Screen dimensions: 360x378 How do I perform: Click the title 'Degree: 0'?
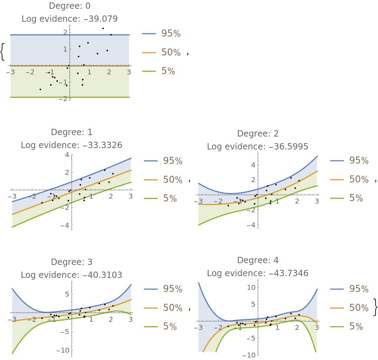point(69,6)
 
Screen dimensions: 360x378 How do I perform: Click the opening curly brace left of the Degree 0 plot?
point(3,52)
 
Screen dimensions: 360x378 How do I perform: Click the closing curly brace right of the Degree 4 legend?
point(375,307)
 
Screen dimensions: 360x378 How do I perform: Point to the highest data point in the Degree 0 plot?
point(103,28)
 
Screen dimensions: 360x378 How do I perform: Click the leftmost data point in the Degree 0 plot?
point(40,89)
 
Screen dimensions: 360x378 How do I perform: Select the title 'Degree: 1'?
point(72,132)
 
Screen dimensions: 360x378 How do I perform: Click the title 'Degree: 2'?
point(258,134)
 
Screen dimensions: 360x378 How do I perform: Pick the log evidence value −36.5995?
point(288,147)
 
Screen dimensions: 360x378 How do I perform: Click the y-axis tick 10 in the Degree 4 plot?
point(251,287)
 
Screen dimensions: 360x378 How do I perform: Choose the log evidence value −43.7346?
point(288,273)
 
